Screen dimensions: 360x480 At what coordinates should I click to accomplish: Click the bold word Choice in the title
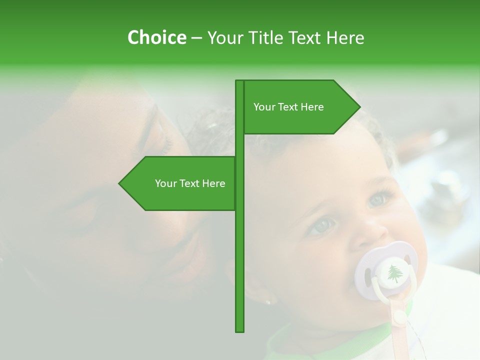pos(156,37)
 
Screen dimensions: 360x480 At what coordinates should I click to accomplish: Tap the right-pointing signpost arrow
pos(300,107)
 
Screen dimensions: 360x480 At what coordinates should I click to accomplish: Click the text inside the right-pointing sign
pos(288,107)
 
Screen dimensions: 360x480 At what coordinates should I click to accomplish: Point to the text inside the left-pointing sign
pos(190,183)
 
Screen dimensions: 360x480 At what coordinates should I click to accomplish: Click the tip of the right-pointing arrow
pos(359,107)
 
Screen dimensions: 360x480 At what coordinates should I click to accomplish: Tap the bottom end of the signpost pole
pos(239,330)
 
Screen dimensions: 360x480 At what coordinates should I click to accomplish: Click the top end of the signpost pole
pos(239,81)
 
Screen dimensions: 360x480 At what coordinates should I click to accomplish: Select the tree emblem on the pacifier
pos(395,273)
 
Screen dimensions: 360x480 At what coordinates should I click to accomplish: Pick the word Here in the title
pos(345,37)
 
